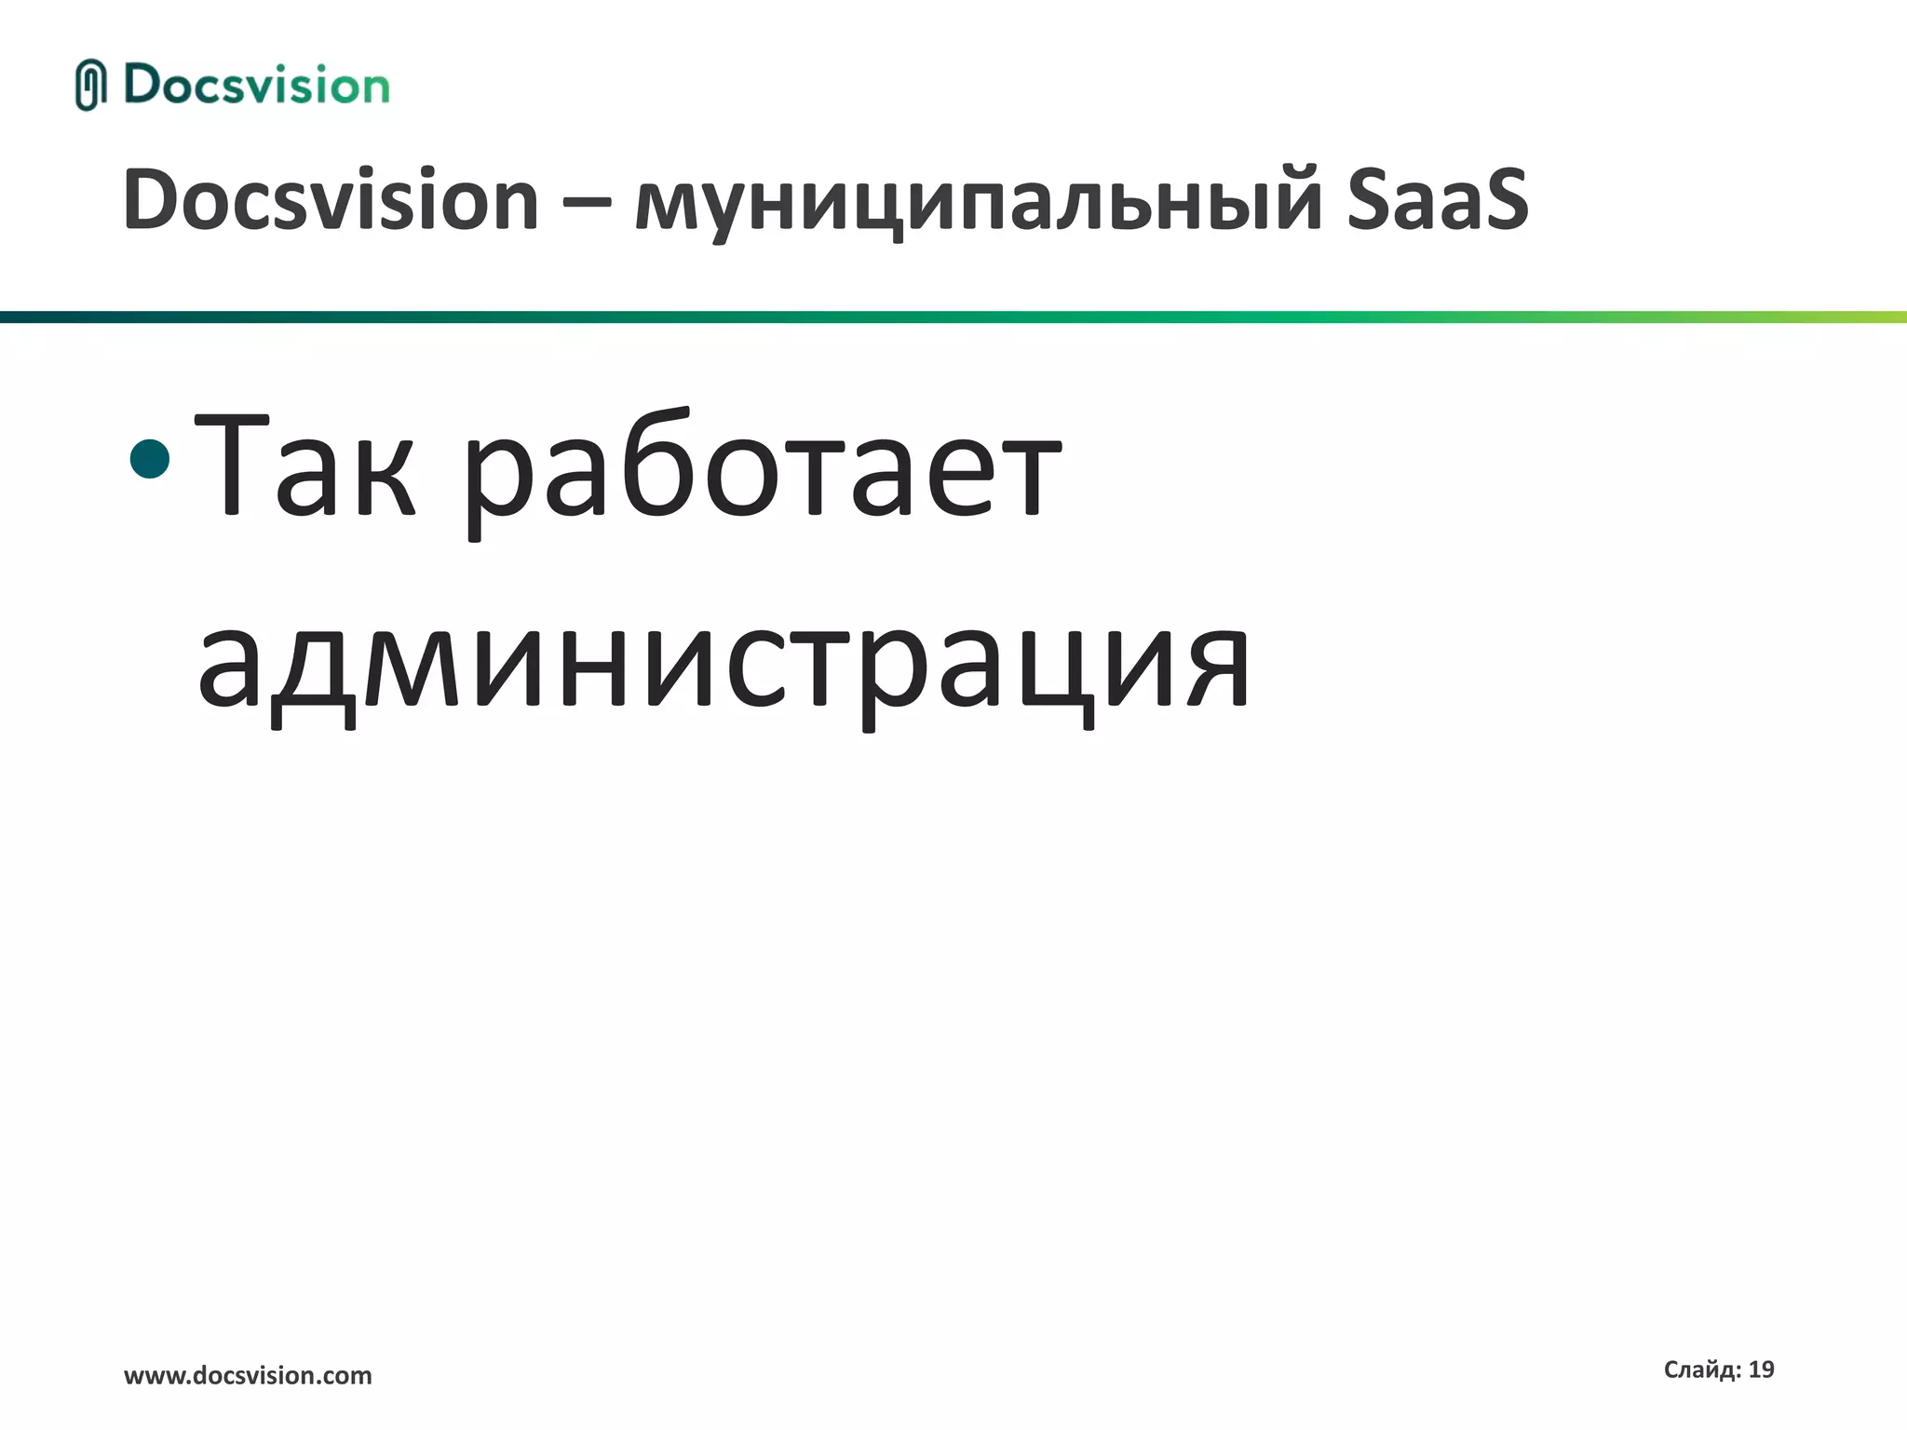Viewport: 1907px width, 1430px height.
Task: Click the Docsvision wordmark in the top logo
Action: coord(257,86)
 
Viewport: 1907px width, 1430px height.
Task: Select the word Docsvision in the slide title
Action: coord(331,199)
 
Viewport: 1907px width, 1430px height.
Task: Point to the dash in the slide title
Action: coord(587,203)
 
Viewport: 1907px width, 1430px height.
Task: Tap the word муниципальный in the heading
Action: coord(978,203)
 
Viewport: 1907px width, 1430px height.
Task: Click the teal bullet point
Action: coord(151,459)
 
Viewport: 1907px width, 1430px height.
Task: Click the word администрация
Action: coord(724,667)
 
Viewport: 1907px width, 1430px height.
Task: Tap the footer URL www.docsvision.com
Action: coord(248,1375)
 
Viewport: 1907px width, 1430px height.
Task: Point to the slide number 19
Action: coord(1761,1369)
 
